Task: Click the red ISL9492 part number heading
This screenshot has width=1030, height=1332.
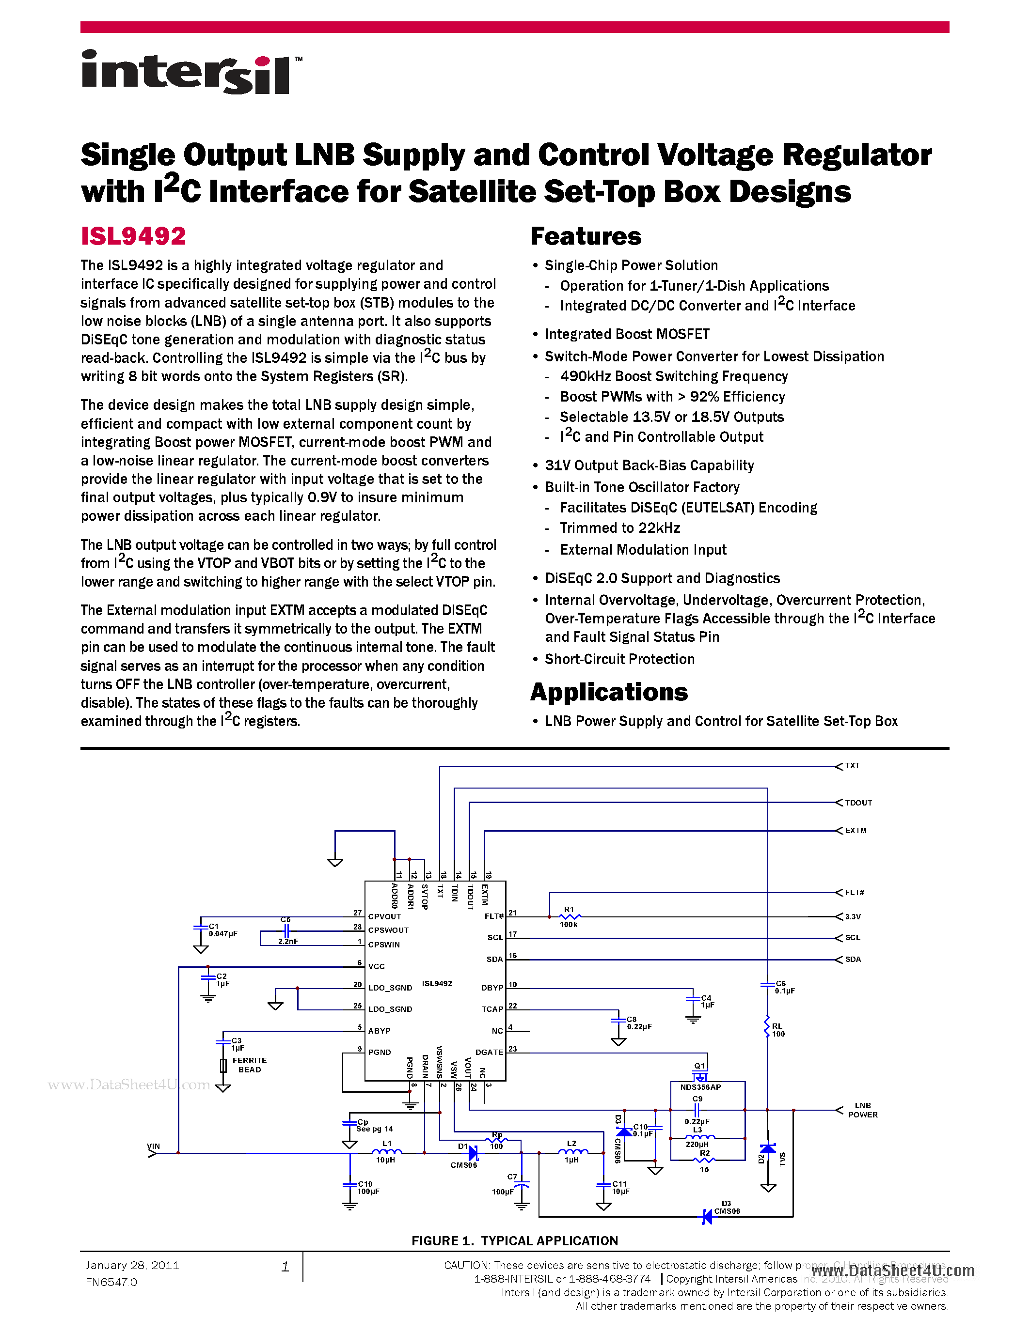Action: tap(133, 236)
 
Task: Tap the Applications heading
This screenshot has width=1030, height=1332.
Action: tap(608, 692)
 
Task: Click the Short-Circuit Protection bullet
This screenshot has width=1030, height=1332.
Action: tap(619, 659)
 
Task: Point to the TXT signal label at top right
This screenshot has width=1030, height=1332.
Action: tap(852, 766)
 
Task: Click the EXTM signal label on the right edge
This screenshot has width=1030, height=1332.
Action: tap(856, 831)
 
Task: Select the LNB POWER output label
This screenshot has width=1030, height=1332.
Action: tap(862, 1110)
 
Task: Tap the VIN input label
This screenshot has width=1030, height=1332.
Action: tap(153, 1146)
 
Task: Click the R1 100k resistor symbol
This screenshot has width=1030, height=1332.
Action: tap(570, 917)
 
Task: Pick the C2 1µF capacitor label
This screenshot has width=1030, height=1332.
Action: tap(222, 980)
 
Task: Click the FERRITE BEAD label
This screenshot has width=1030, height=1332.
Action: tap(249, 1065)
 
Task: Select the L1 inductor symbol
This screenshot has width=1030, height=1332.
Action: tap(386, 1152)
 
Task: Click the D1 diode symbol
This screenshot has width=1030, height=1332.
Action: tap(472, 1153)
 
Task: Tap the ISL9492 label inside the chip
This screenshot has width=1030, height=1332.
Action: tap(437, 984)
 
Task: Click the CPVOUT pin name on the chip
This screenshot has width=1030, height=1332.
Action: tap(384, 917)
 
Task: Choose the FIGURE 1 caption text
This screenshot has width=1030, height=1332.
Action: tap(514, 1240)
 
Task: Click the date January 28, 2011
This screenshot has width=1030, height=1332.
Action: tap(132, 1266)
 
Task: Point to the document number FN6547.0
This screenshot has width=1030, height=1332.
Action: tap(111, 1282)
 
